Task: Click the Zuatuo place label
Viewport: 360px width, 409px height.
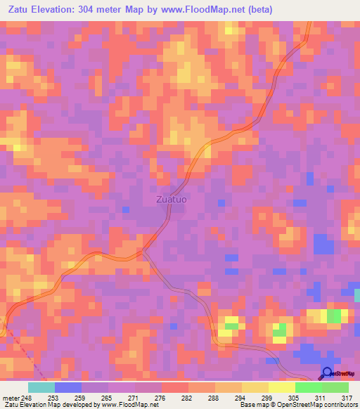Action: pyautogui.click(x=171, y=199)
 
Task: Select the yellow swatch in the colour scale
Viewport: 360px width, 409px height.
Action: pyautogui.click(x=282, y=387)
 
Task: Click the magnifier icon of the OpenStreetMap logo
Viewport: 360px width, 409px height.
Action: pyautogui.click(x=326, y=374)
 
